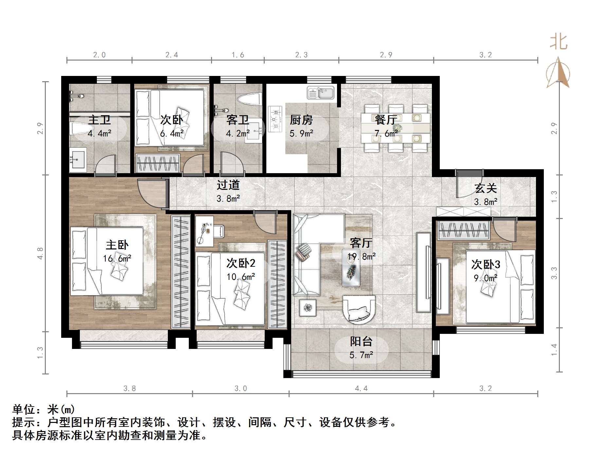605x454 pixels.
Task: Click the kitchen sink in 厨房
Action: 320,93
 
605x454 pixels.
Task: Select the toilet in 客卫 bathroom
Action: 249,99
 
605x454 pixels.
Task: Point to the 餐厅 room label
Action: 386,120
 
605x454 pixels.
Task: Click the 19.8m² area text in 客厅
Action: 361,256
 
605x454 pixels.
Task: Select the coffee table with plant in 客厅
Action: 351,268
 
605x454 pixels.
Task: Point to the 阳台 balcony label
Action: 361,342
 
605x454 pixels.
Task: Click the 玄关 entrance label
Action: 486,188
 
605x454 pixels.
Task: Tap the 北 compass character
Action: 558,43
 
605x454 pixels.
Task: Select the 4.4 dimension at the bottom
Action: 361,389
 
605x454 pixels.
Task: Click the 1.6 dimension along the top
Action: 238,55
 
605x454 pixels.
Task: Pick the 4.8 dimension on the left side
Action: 40,254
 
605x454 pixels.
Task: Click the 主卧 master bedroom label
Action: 117,245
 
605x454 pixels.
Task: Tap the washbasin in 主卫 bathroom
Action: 78,160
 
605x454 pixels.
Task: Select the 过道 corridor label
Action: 228,185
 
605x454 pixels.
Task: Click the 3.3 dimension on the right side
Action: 554,273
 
